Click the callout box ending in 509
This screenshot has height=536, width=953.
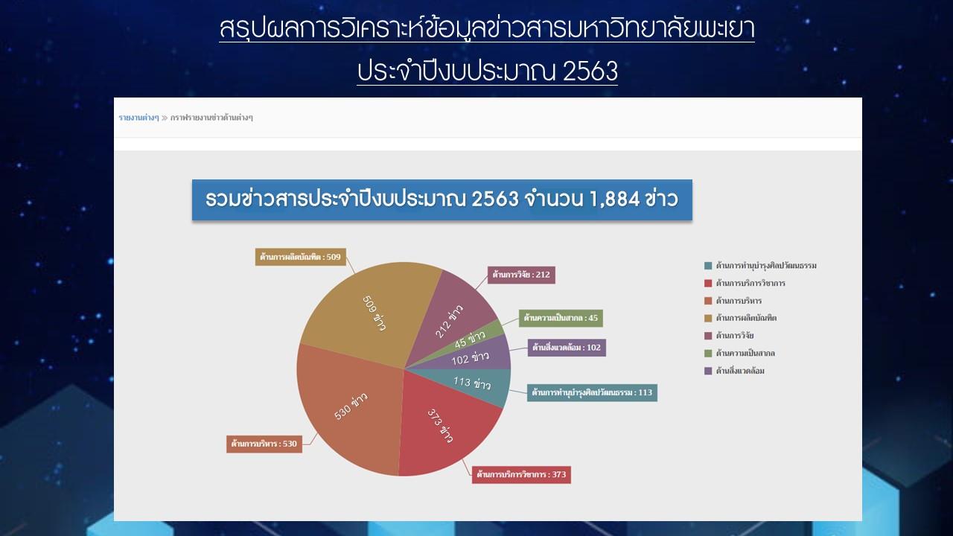[x=300, y=257]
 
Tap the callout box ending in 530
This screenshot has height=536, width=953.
[x=264, y=444]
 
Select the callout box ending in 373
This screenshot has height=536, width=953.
[x=521, y=474]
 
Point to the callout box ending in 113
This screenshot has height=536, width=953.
[x=592, y=392]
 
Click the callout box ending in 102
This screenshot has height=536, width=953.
[x=567, y=348]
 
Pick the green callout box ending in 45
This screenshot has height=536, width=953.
[x=561, y=318]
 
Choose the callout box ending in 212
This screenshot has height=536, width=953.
[x=521, y=275]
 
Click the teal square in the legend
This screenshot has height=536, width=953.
[x=708, y=266]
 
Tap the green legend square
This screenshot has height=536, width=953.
[x=708, y=354]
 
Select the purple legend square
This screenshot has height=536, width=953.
[x=708, y=371]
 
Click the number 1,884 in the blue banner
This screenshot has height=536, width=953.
[x=615, y=199]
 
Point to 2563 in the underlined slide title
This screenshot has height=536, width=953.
[x=590, y=71]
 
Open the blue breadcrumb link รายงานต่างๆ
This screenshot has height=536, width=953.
[x=138, y=118]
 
